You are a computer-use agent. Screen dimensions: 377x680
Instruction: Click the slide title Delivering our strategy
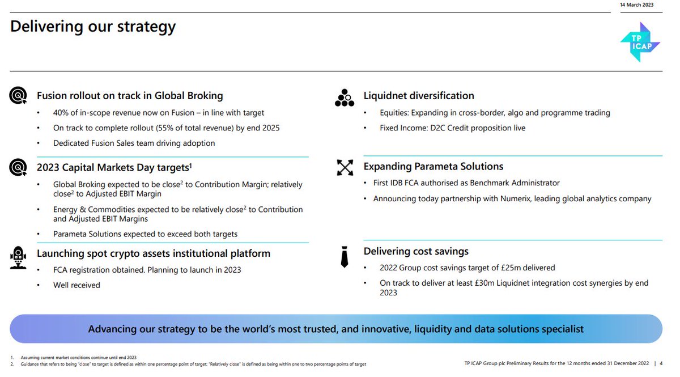coord(93,27)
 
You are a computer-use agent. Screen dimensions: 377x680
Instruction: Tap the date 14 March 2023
coord(636,5)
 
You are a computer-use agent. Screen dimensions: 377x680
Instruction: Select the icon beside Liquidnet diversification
coord(344,98)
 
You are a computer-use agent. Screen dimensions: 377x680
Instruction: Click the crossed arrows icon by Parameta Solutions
coord(345,167)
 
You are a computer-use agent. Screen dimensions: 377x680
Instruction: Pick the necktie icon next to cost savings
coord(344,256)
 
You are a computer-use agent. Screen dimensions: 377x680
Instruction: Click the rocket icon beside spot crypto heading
coord(18,257)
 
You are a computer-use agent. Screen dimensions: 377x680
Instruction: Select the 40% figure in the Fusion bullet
coord(62,113)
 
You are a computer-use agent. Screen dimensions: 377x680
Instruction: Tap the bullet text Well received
coord(76,285)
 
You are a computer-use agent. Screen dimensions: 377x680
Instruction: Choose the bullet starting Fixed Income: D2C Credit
coord(452,128)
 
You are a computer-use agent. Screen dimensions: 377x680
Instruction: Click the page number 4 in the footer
coord(661,364)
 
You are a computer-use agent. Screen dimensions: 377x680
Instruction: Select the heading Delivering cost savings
coord(416,251)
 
